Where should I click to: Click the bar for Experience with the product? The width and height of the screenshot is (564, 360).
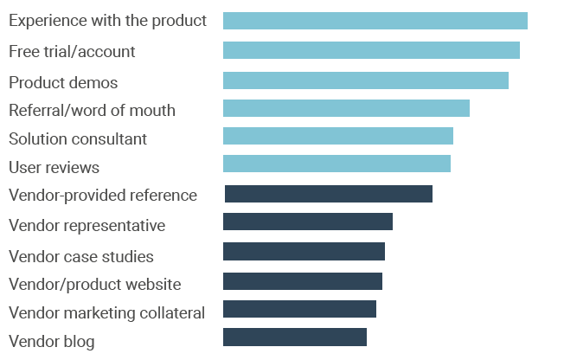[375, 21]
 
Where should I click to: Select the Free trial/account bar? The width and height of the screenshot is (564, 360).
[371, 50]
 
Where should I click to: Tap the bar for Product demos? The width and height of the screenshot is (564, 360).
[365, 80]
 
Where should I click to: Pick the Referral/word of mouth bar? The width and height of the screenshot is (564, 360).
[346, 108]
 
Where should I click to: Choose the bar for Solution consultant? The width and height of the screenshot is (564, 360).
[337, 136]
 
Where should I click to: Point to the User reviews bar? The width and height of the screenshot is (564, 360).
[336, 164]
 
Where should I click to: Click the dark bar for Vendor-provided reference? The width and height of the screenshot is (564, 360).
[328, 194]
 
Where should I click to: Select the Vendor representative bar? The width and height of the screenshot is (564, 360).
[307, 222]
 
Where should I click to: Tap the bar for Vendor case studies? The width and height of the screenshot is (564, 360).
[304, 251]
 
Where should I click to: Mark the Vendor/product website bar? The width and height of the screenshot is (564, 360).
[302, 281]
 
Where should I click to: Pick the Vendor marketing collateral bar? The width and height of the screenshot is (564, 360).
[299, 309]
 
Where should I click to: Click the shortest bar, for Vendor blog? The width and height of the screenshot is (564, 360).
[294, 337]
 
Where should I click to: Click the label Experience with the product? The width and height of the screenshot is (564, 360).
[107, 20]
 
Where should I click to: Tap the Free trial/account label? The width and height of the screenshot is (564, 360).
[72, 51]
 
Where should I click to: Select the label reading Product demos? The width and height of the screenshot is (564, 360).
[63, 83]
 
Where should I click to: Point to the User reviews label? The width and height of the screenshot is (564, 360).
[54, 167]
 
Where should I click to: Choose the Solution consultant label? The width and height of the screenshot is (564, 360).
[78, 138]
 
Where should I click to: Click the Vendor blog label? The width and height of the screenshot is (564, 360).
[51, 341]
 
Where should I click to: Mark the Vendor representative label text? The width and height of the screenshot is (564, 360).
[87, 225]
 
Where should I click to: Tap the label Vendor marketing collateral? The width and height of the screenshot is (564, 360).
[106, 312]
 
